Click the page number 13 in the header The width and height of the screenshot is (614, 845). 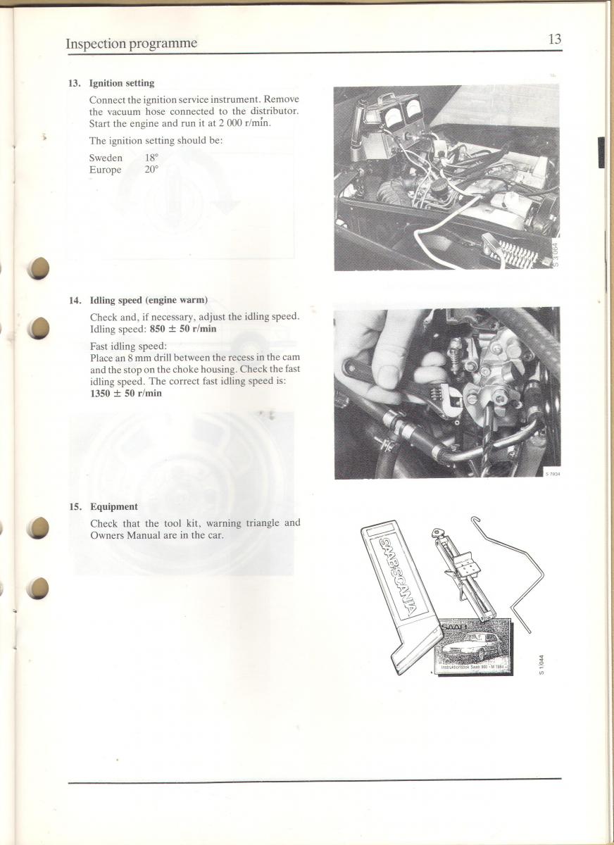point(555,39)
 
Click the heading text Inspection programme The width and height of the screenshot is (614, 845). point(131,44)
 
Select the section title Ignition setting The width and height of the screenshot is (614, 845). point(122,83)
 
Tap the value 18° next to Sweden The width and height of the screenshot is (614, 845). point(151,157)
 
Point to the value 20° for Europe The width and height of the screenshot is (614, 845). point(151,170)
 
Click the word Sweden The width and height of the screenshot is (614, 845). point(106,158)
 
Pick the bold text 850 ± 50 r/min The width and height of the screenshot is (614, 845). point(183,329)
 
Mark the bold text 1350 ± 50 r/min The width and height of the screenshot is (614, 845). point(126,393)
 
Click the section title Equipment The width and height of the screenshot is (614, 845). point(114,506)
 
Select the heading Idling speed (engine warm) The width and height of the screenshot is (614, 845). point(149,300)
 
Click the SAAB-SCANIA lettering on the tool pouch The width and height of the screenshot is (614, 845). point(399,574)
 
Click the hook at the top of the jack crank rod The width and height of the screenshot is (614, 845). point(476,520)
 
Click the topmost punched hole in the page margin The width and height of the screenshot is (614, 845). point(39,268)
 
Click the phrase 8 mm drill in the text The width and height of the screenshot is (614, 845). point(150,357)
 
